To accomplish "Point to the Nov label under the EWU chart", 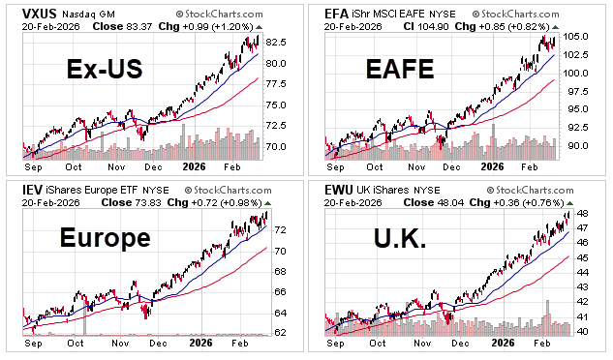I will [419, 343].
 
